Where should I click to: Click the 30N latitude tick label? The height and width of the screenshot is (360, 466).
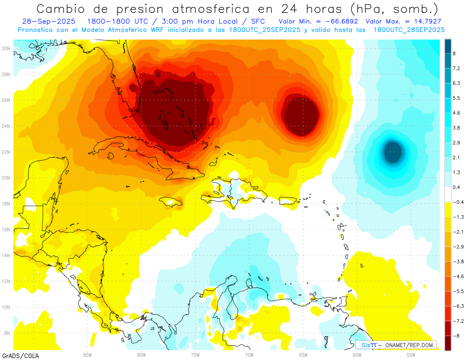click(x=6, y=49)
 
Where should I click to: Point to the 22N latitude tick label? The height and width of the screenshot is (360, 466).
click(x=6, y=152)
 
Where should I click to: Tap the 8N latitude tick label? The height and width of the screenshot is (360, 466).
click(x=7, y=333)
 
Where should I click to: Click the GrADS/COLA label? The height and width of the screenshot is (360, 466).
click(x=21, y=355)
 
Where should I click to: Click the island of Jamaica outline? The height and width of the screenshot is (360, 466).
click(x=171, y=201)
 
